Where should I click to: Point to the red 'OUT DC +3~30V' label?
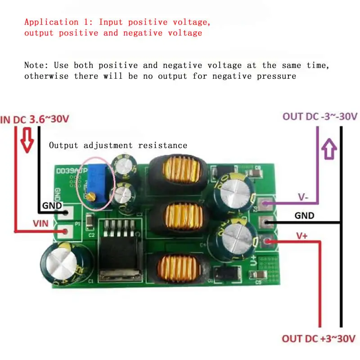point(319,338)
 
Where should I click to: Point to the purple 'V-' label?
point(302,198)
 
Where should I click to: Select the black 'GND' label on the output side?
point(305,216)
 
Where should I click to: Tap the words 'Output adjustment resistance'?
point(118,145)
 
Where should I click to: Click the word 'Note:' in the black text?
point(36,66)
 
